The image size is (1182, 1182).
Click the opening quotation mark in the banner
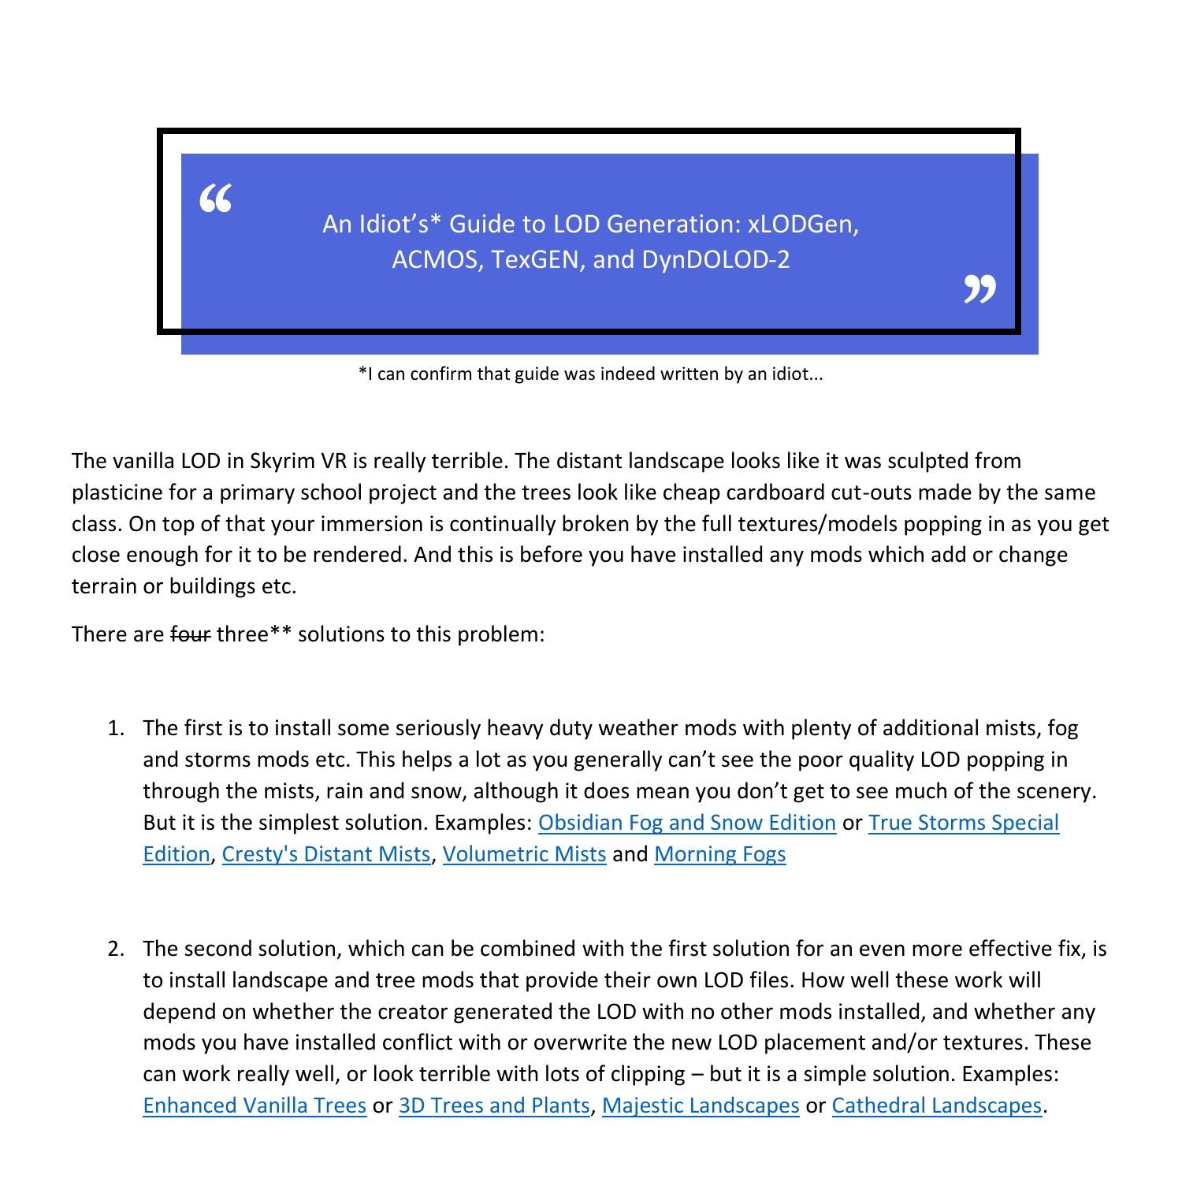[215, 199]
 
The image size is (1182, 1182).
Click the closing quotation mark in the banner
[979, 289]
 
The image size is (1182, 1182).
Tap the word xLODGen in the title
[803, 225]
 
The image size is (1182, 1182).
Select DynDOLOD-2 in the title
[716, 259]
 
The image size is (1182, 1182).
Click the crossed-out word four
[191, 634]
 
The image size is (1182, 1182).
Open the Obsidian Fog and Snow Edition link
[686, 823]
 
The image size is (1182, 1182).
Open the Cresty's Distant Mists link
[326, 854]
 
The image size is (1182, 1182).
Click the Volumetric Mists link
[524, 854]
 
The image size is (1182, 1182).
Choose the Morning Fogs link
[719, 854]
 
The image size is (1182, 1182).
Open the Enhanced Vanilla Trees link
[255, 1106]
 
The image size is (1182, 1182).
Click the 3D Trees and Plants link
[494, 1106]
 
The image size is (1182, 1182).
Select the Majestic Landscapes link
[701, 1106]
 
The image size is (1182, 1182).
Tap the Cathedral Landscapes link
[936, 1106]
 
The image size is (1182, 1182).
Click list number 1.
[116, 728]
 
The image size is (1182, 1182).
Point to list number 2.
[116, 949]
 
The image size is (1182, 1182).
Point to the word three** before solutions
[254, 634]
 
